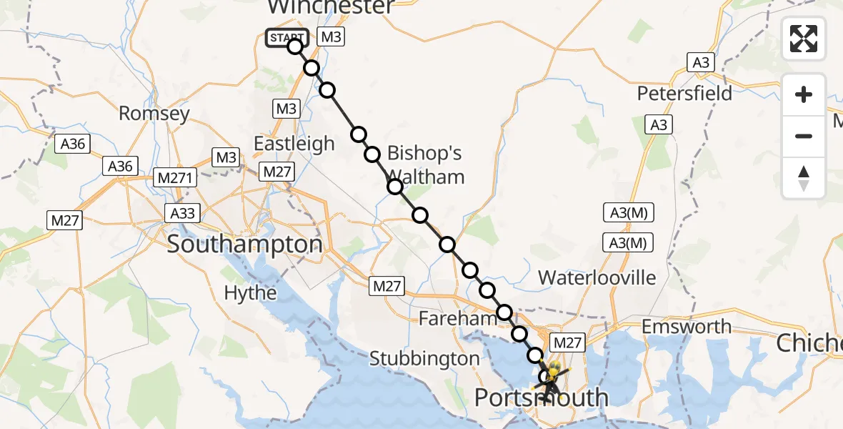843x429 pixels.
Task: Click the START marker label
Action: pyautogui.click(x=286, y=38)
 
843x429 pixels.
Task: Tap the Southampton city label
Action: pyautogui.click(x=244, y=245)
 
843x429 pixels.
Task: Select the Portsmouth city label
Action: pyautogui.click(x=542, y=398)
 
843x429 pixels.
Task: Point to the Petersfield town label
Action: pyautogui.click(x=684, y=94)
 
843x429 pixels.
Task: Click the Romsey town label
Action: pyautogui.click(x=154, y=113)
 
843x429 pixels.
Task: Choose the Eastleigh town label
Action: pyautogui.click(x=294, y=144)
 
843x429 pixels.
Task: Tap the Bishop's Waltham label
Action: pyautogui.click(x=426, y=164)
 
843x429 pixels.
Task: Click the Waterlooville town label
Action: pyautogui.click(x=597, y=277)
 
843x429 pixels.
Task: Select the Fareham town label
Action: pyautogui.click(x=457, y=319)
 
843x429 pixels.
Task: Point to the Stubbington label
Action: pyautogui.click(x=424, y=358)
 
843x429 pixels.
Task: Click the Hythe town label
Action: pyautogui.click(x=250, y=292)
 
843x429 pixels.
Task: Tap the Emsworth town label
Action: pyautogui.click(x=687, y=327)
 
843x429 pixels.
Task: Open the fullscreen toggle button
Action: pyautogui.click(x=804, y=38)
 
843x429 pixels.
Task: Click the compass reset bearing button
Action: pyautogui.click(x=804, y=178)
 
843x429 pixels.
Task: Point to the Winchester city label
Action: pyautogui.click(x=330, y=7)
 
